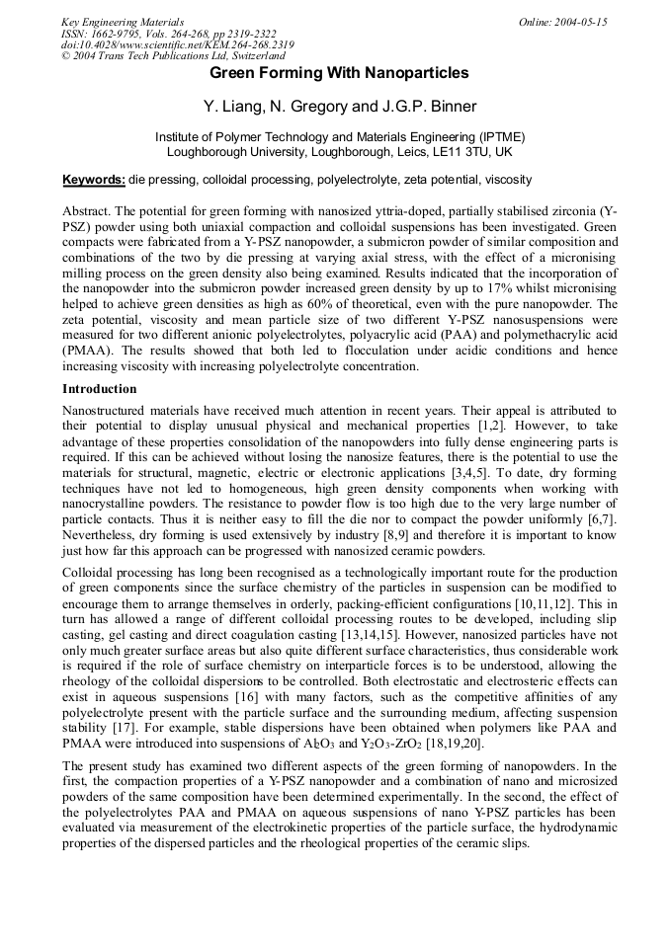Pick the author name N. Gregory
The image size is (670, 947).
click(307, 107)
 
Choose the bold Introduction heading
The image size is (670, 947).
click(100, 389)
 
